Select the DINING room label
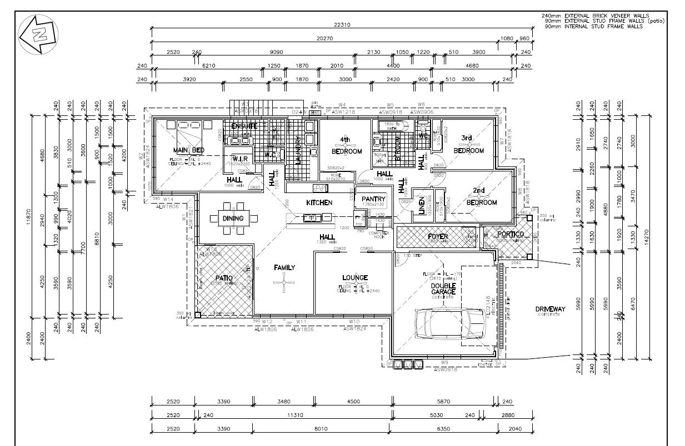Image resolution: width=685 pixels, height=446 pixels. (233, 218)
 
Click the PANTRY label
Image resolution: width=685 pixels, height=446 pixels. (374, 199)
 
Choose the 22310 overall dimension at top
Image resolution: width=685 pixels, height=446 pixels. (341, 25)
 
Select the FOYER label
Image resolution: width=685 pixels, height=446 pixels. (438, 237)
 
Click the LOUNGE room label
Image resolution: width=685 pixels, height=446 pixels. (354, 278)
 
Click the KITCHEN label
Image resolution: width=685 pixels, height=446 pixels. (319, 203)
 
